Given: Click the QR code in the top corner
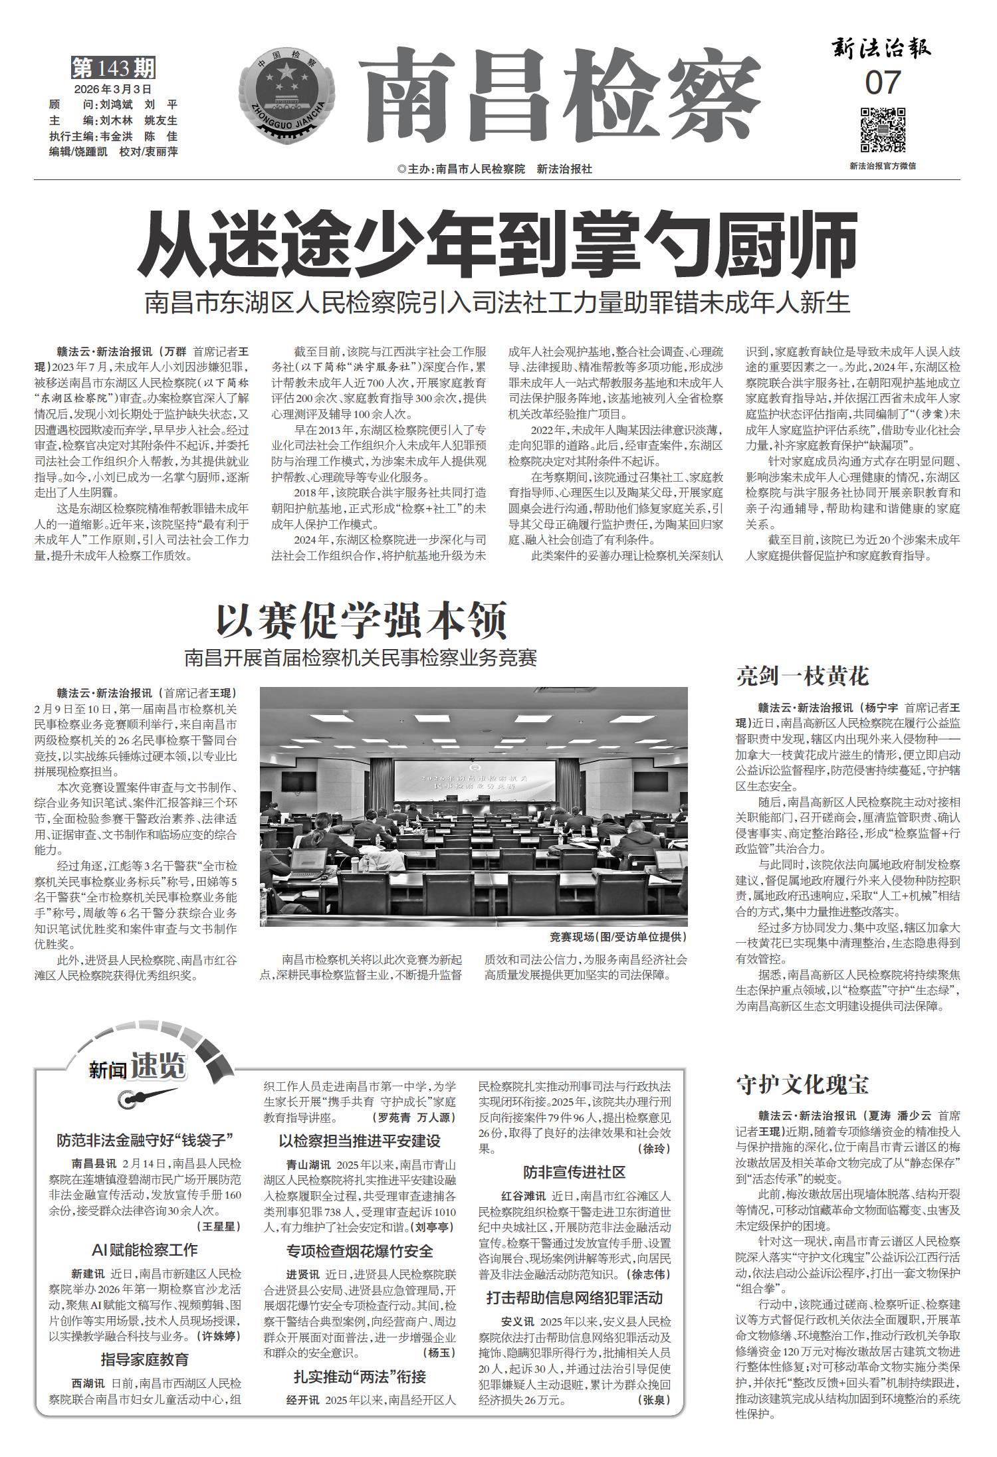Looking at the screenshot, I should tap(883, 130).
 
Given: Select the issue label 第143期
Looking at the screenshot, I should tap(113, 68).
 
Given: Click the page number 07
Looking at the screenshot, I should tap(883, 83).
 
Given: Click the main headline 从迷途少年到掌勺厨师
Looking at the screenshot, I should tap(497, 245).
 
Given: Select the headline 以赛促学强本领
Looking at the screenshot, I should tap(362, 621).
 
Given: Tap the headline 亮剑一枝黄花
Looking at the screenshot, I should tap(802, 676).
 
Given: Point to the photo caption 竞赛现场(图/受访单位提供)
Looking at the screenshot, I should tap(618, 937).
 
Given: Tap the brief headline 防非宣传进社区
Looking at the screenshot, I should tap(574, 1172).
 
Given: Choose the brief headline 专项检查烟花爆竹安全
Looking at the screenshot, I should tap(360, 1251).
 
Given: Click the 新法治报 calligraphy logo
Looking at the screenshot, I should tap(882, 48).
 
